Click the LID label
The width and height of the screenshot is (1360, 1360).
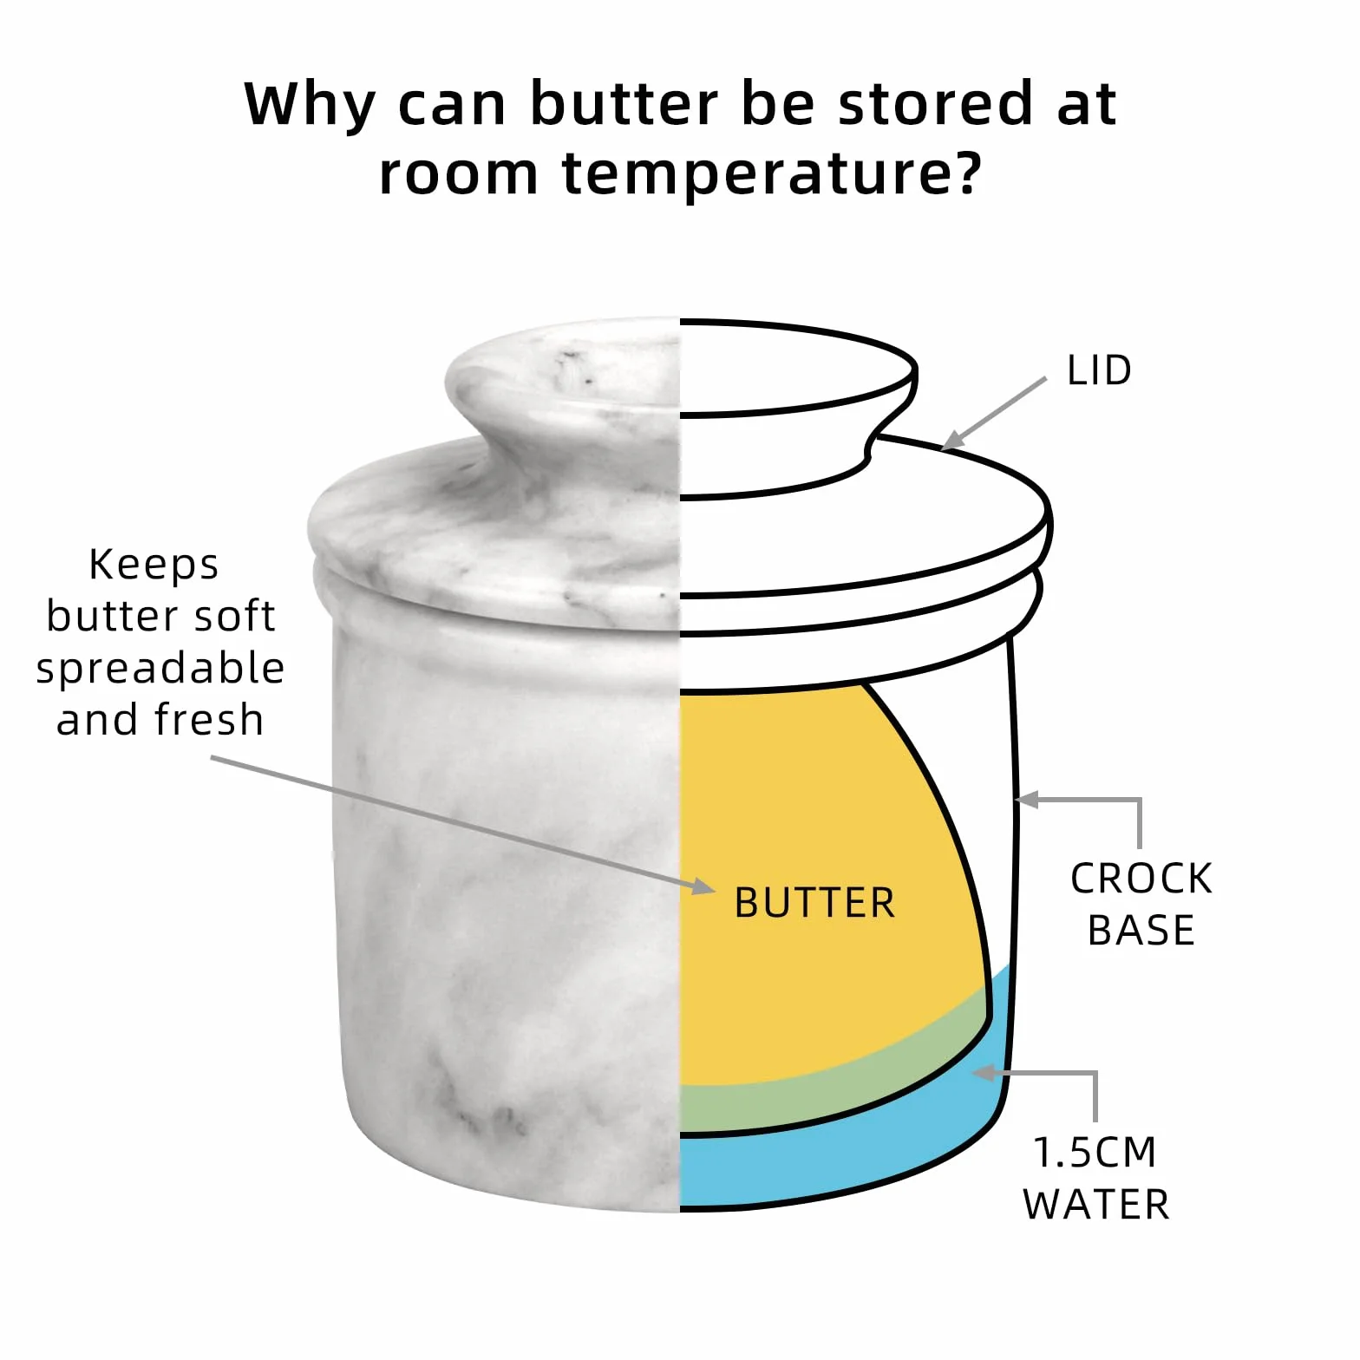[x=1099, y=370]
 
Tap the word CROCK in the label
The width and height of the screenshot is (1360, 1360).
[x=1141, y=879]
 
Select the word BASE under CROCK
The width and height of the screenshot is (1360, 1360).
[x=1141, y=931]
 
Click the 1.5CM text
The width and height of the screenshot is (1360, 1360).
[x=1095, y=1153]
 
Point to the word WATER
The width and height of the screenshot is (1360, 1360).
[x=1096, y=1205]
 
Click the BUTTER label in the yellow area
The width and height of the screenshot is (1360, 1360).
[x=814, y=903]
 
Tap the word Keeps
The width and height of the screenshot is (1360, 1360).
[x=154, y=565]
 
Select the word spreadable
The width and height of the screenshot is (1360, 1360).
[x=160, y=669]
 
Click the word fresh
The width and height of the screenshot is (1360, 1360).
[x=209, y=719]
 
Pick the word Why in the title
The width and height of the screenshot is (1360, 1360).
[x=309, y=105]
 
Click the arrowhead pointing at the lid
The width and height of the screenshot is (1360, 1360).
[x=952, y=440]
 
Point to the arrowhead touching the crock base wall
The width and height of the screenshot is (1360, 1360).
[x=1027, y=800]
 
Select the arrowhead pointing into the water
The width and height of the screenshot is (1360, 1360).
[x=984, y=1073]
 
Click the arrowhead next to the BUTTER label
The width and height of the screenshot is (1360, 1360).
[x=703, y=886]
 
